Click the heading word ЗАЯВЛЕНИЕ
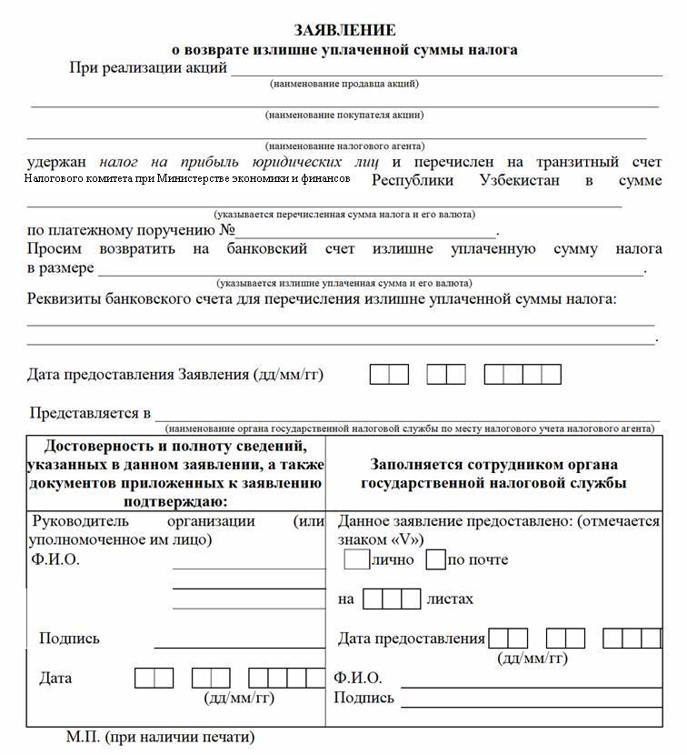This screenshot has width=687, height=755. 344,31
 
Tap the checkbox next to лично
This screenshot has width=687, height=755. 356,559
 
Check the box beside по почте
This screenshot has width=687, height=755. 435,559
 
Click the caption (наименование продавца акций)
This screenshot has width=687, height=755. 344,84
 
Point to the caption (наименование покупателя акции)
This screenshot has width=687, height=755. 344,115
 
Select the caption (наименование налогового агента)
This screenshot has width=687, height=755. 344,146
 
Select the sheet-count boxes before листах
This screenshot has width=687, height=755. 391,599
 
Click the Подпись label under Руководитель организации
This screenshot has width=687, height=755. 69,639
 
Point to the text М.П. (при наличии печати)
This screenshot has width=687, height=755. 160,736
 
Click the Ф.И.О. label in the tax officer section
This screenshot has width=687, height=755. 358,678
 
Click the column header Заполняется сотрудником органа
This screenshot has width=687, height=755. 493,463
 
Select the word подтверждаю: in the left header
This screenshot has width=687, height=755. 173,500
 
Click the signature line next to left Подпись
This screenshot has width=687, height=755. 239,646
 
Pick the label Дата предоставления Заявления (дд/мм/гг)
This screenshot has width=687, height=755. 175,374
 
